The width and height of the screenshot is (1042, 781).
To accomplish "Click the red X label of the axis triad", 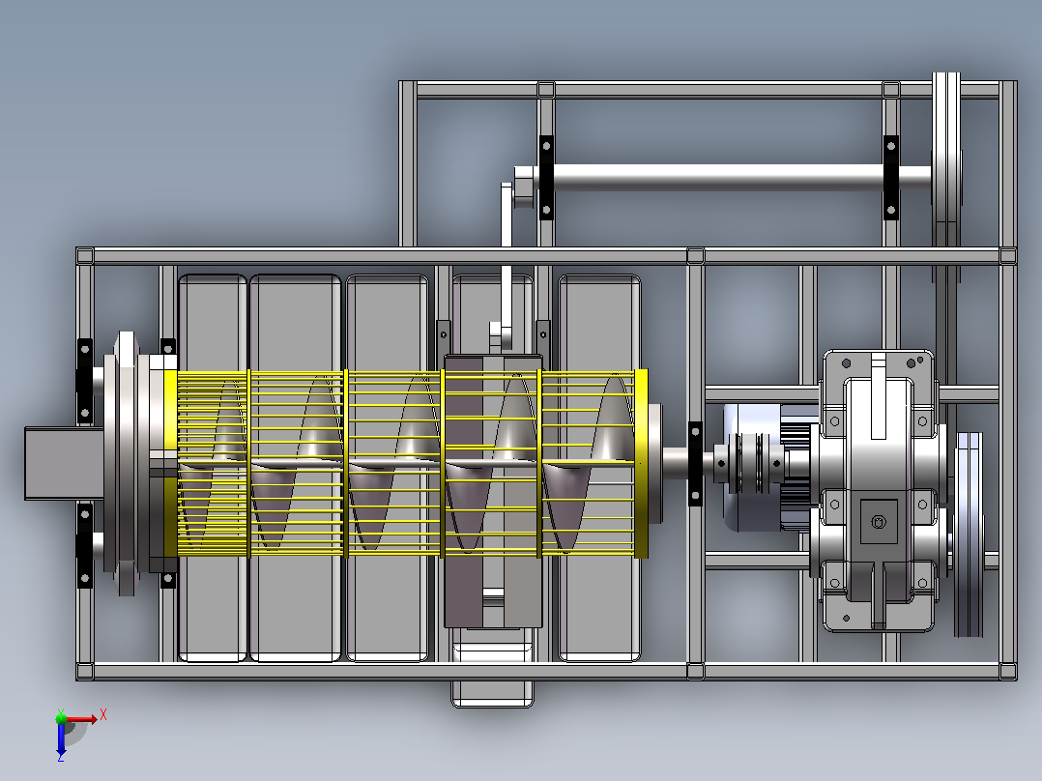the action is (103, 715).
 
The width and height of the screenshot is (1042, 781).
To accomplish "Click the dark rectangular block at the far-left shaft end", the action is (64, 463).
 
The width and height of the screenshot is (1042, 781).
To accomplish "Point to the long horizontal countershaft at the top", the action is (731, 177).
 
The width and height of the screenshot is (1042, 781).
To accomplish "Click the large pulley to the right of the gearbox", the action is (969, 534).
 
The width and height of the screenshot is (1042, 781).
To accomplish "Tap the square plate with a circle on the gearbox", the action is (879, 522).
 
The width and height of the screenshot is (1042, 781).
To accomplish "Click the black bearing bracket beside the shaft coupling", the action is (695, 463).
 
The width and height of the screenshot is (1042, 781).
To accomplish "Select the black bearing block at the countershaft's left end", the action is (546, 177).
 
